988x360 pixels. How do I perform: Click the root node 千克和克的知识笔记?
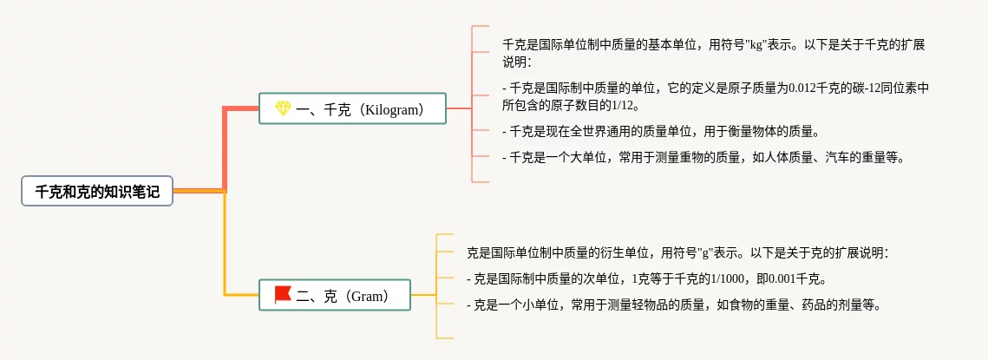coord(97,192)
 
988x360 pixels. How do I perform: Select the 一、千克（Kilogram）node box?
coord(352,108)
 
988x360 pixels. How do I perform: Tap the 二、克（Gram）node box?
coord(335,295)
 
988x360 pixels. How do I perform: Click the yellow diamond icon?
coord(283,108)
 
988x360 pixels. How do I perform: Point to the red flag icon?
coord(283,295)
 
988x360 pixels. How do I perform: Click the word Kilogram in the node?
coord(393,109)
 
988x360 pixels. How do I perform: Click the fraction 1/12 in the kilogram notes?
coord(621,106)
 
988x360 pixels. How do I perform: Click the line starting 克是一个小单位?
coord(673,305)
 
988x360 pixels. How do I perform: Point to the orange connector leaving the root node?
coord(200,190)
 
